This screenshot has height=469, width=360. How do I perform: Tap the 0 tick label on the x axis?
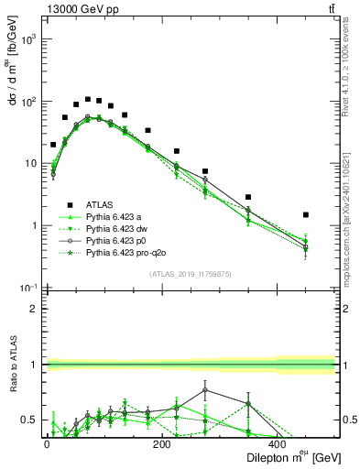(x=48, y=442)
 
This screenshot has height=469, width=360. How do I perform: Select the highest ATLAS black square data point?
(x=88, y=99)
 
